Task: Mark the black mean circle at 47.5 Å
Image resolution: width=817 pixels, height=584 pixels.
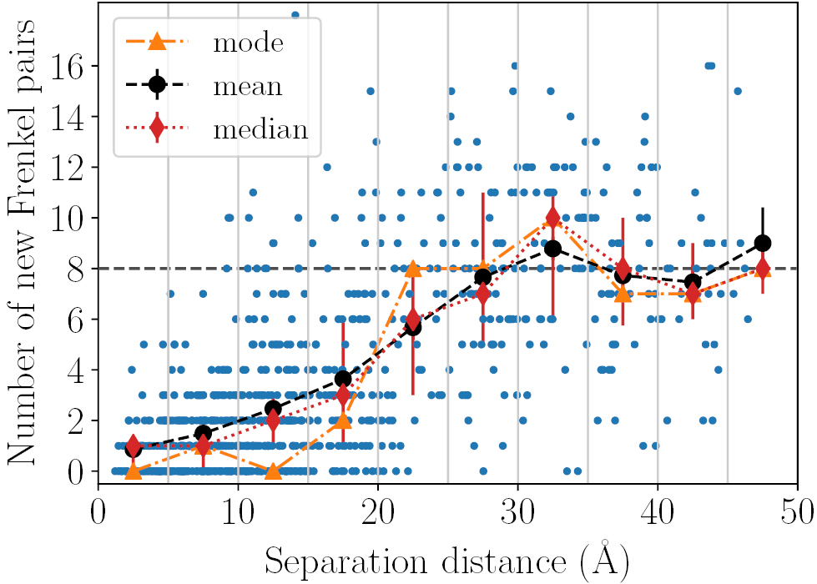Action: click(762, 243)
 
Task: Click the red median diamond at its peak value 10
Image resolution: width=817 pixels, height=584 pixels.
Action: click(552, 218)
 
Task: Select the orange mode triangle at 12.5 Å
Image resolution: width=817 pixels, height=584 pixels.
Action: click(273, 471)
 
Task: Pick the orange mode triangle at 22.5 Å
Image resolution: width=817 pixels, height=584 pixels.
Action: click(412, 269)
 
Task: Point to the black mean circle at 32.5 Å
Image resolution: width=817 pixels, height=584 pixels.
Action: click(552, 248)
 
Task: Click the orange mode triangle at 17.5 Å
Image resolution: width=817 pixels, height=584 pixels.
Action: click(343, 420)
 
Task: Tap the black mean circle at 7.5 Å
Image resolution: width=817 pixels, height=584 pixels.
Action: click(203, 433)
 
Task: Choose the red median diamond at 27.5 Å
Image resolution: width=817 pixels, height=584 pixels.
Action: click(482, 294)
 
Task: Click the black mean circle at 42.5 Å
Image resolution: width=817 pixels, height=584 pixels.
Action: click(692, 282)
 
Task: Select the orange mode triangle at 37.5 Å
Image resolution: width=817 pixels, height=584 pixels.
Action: click(623, 294)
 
